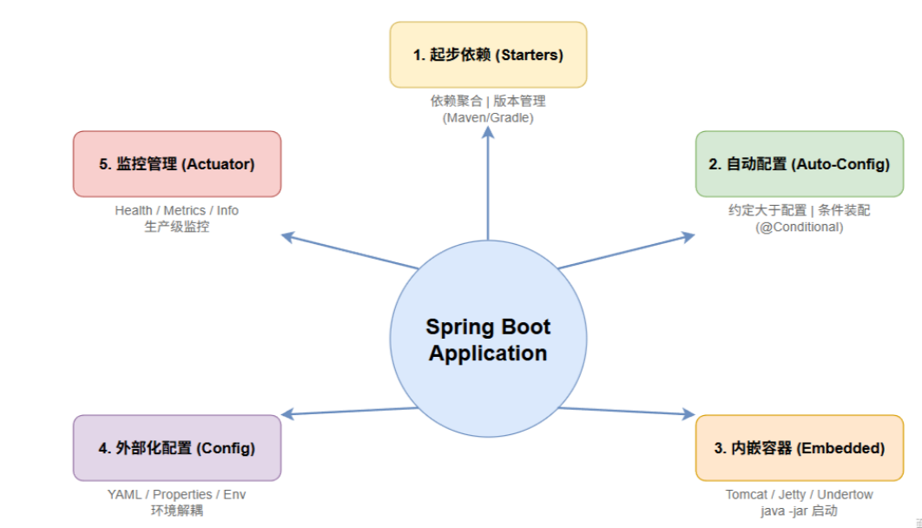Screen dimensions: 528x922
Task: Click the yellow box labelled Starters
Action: pos(488,55)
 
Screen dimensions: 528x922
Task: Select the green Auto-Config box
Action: pos(799,163)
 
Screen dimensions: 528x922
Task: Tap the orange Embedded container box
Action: pos(799,448)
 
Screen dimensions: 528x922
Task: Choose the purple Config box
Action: pos(177,448)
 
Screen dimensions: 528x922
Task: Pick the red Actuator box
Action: pos(177,163)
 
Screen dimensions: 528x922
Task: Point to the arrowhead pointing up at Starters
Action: pos(488,131)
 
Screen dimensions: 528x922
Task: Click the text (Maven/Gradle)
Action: pos(488,117)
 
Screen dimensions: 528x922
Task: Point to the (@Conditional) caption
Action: pos(799,227)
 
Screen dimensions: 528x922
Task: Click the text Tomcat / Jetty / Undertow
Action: pos(799,494)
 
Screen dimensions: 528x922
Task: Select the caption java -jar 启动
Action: pos(799,511)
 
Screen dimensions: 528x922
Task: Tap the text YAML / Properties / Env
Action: pos(177,494)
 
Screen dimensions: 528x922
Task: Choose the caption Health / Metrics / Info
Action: pos(177,210)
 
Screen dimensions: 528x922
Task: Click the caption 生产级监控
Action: pos(177,227)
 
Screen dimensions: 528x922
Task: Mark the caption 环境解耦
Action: pos(177,511)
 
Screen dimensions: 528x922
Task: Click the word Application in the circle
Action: pos(488,353)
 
